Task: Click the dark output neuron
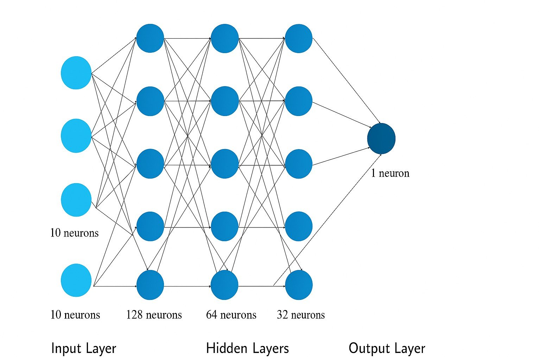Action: click(x=381, y=139)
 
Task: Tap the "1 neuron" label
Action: click(x=390, y=173)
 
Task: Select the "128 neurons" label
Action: click(x=154, y=315)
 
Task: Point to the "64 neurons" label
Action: click(x=231, y=315)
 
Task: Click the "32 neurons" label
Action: click(x=301, y=315)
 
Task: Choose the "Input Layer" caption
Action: click(x=83, y=348)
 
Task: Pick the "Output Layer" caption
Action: click(x=387, y=348)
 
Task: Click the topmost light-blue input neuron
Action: click(x=76, y=73)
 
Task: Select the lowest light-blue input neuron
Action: click(x=76, y=280)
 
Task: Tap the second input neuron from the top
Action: click(x=76, y=136)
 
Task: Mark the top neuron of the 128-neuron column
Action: click(x=150, y=38)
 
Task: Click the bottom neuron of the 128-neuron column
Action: click(x=150, y=285)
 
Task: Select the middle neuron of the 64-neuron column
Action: click(x=225, y=164)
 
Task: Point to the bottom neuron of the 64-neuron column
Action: click(x=224, y=285)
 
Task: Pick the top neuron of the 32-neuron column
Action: click(x=299, y=38)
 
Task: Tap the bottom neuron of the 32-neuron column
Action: click(x=299, y=285)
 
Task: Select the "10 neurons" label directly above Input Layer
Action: click(x=75, y=315)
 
